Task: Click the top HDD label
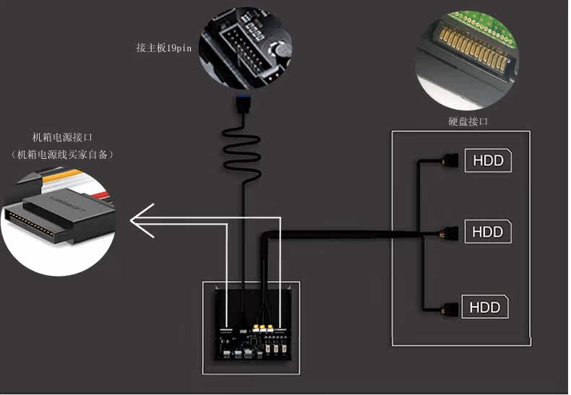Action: point(488,160)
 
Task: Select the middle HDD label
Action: point(488,232)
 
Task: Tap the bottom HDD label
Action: point(485,307)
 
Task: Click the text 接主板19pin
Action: point(165,48)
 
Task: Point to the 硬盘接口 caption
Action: point(468,121)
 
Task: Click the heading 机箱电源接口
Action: point(62,137)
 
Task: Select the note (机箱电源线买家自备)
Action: point(63,155)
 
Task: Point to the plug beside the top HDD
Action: point(451,160)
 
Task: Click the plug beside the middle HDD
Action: point(451,233)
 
